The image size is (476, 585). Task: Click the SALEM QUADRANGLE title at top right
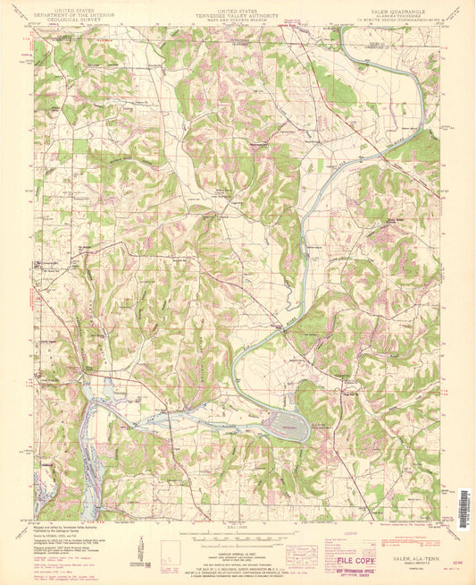398,10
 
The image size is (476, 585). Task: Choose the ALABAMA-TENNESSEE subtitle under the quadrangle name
398,15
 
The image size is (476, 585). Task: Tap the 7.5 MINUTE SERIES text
398,20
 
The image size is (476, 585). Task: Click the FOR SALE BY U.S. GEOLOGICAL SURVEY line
238,559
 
